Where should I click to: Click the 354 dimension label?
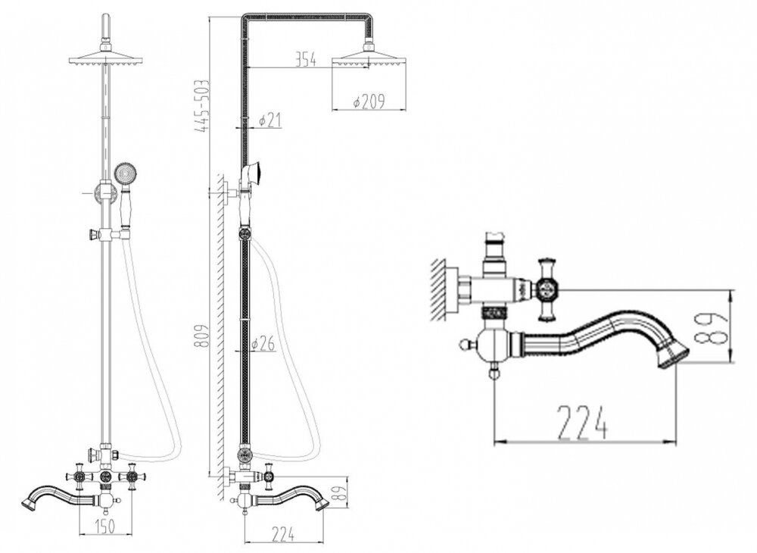[306, 61]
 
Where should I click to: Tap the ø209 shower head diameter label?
[369, 102]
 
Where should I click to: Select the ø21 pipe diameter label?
[269, 120]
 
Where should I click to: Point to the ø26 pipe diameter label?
[263, 343]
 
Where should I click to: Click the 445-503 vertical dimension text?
[201, 106]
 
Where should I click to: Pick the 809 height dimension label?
[201, 338]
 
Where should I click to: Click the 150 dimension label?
[104, 526]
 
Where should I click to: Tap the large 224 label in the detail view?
[581, 423]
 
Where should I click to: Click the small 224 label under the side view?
[282, 535]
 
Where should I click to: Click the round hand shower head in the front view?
[124, 173]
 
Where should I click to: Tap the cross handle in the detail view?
[547, 290]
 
